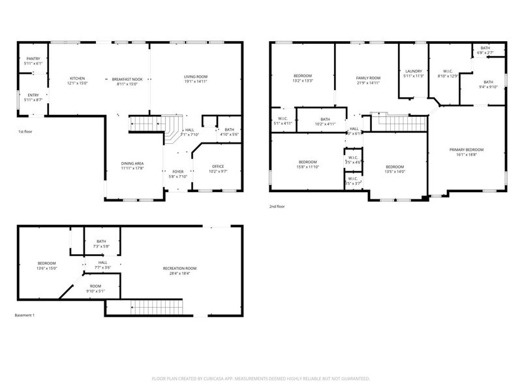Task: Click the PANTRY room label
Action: pyautogui.click(x=33, y=59)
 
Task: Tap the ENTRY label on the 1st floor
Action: pyautogui.click(x=33, y=95)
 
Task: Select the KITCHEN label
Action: pyautogui.click(x=78, y=78)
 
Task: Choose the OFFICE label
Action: pyautogui.click(x=218, y=166)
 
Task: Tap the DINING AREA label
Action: pyautogui.click(x=132, y=163)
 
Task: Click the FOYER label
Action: pyautogui.click(x=178, y=171)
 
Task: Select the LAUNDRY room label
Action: pyautogui.click(x=414, y=71)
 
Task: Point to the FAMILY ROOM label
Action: pyautogui.click(x=367, y=78)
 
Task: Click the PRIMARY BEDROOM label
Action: pyautogui.click(x=466, y=150)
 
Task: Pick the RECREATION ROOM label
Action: pyautogui.click(x=179, y=269)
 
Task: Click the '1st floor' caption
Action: pyautogui.click(x=25, y=132)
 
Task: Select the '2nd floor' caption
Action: pyautogui.click(x=277, y=206)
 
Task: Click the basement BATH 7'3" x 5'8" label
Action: pyautogui.click(x=101, y=241)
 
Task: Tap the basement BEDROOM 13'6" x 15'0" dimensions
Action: pyautogui.click(x=47, y=268)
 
